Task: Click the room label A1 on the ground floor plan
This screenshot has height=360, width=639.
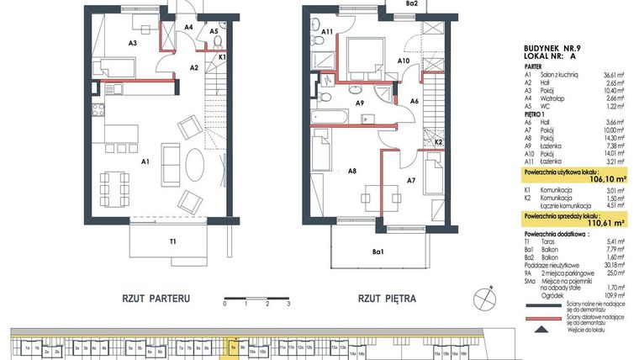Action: pyautogui.click(x=145, y=161)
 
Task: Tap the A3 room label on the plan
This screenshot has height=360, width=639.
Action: pyautogui.click(x=133, y=41)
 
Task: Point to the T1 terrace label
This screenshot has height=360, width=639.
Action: pyautogui.click(x=172, y=242)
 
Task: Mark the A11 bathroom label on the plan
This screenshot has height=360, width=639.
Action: pyautogui.click(x=328, y=32)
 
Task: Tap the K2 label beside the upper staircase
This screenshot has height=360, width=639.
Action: pyautogui.click(x=438, y=142)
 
